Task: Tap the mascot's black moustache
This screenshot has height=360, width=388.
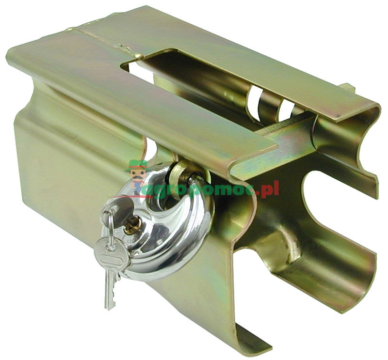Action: click(139, 177)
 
